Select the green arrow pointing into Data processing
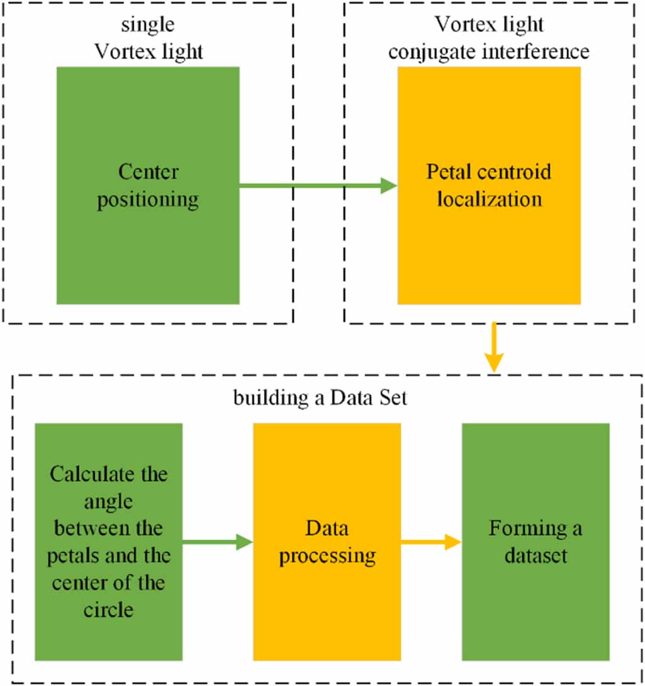217,542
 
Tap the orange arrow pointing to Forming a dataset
431,542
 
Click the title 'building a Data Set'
320,398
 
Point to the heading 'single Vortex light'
149,38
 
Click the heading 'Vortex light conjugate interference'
489,38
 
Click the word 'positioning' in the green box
148,200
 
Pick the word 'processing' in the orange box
327,556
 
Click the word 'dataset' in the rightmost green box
536,556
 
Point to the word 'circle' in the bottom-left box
109,609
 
